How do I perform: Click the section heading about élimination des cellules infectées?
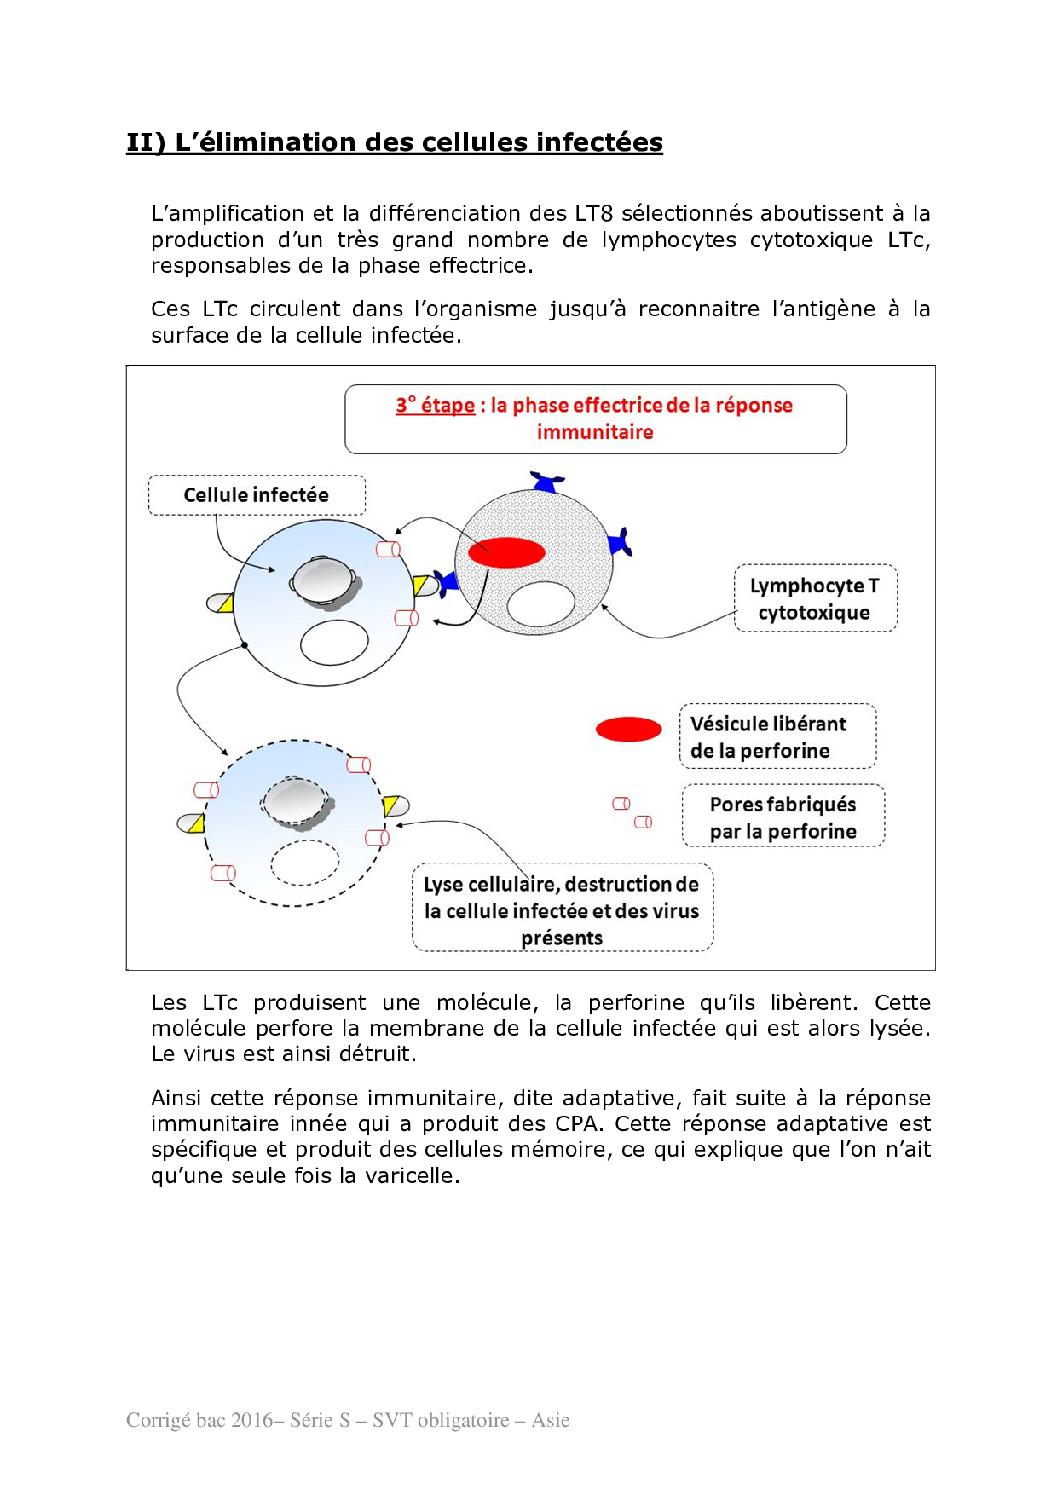(394, 142)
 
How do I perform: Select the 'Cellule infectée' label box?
(257, 495)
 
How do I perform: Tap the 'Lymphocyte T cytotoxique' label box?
(815, 598)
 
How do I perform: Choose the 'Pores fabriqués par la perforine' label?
(783, 817)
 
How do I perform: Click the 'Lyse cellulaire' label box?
(562, 909)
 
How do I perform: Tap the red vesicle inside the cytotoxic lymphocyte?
(506, 552)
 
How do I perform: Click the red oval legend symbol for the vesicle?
(628, 730)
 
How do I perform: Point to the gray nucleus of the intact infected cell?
(323, 581)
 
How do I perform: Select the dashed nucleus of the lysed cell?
(295, 802)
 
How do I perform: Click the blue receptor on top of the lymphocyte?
(546, 482)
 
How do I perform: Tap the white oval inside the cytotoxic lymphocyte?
(540, 604)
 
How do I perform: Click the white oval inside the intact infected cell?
(334, 642)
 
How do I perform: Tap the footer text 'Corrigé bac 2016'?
(199, 1420)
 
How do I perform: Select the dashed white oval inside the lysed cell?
(304, 863)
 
